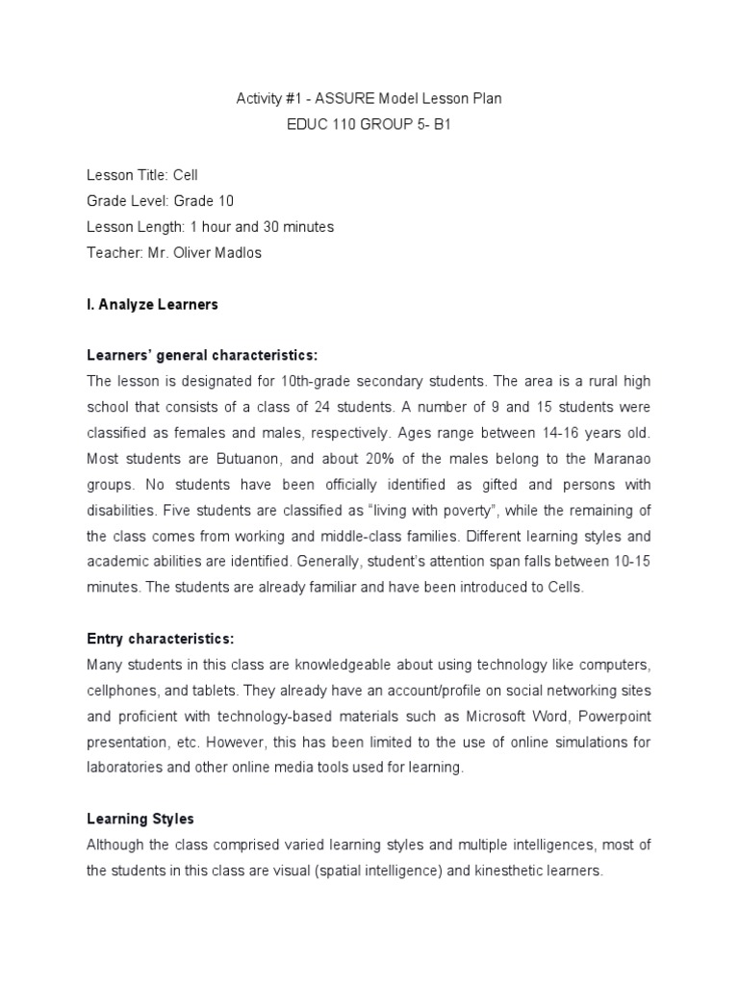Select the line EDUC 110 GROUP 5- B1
click(369, 124)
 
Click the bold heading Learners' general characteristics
click(202, 356)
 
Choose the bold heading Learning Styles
click(140, 820)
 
